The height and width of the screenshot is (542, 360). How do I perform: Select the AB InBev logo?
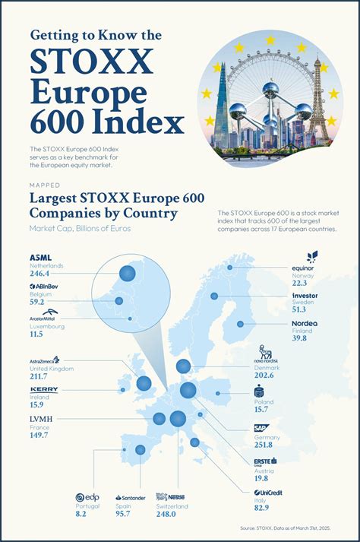coord(44,287)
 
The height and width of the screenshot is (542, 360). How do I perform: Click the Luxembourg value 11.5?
coord(36,334)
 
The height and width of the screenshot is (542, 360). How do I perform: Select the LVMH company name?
coord(43,419)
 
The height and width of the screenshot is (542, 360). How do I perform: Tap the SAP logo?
coord(262,427)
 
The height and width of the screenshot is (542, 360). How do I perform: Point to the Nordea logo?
coord(303,323)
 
